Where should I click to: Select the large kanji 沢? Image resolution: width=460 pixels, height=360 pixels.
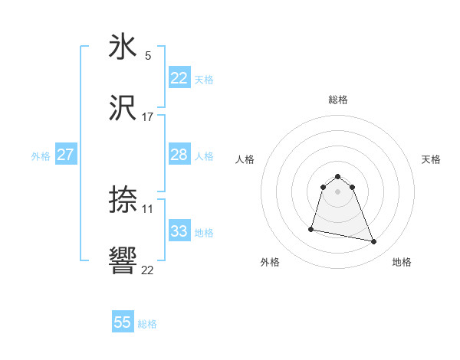pyautogui.click(x=123, y=109)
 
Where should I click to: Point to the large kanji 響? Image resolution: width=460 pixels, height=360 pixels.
pyautogui.click(x=123, y=262)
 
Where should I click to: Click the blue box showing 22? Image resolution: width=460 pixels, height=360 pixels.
pyautogui.click(x=179, y=78)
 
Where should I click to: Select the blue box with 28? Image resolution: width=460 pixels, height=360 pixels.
pyautogui.click(x=179, y=155)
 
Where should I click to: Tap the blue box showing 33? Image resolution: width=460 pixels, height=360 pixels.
pyautogui.click(x=179, y=231)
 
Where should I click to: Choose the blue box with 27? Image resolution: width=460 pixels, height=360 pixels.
pyautogui.click(x=66, y=155)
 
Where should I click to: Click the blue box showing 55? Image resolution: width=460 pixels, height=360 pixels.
pyautogui.click(x=123, y=322)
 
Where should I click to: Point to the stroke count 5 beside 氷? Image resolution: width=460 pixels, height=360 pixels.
pyautogui.click(x=148, y=55)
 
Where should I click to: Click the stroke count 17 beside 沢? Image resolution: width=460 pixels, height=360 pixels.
pyautogui.click(x=148, y=117)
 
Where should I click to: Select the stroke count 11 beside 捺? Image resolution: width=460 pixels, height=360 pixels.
pyautogui.click(x=148, y=208)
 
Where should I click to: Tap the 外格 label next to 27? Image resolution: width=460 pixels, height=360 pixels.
pyautogui.click(x=41, y=155)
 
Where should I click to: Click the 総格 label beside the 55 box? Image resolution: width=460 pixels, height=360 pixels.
pyautogui.click(x=147, y=324)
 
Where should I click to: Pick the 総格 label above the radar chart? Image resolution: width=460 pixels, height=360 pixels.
pyautogui.click(x=338, y=100)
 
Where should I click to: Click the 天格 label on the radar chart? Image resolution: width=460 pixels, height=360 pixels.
pyautogui.click(x=432, y=159)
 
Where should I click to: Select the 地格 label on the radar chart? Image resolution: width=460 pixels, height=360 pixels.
pyautogui.click(x=402, y=262)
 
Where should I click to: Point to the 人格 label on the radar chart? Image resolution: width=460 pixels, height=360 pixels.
pyautogui.click(x=245, y=159)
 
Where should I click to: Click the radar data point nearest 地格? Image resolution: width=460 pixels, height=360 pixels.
pyautogui.click(x=374, y=242)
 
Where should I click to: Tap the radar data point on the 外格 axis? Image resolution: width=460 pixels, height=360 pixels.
pyautogui.click(x=311, y=228)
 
